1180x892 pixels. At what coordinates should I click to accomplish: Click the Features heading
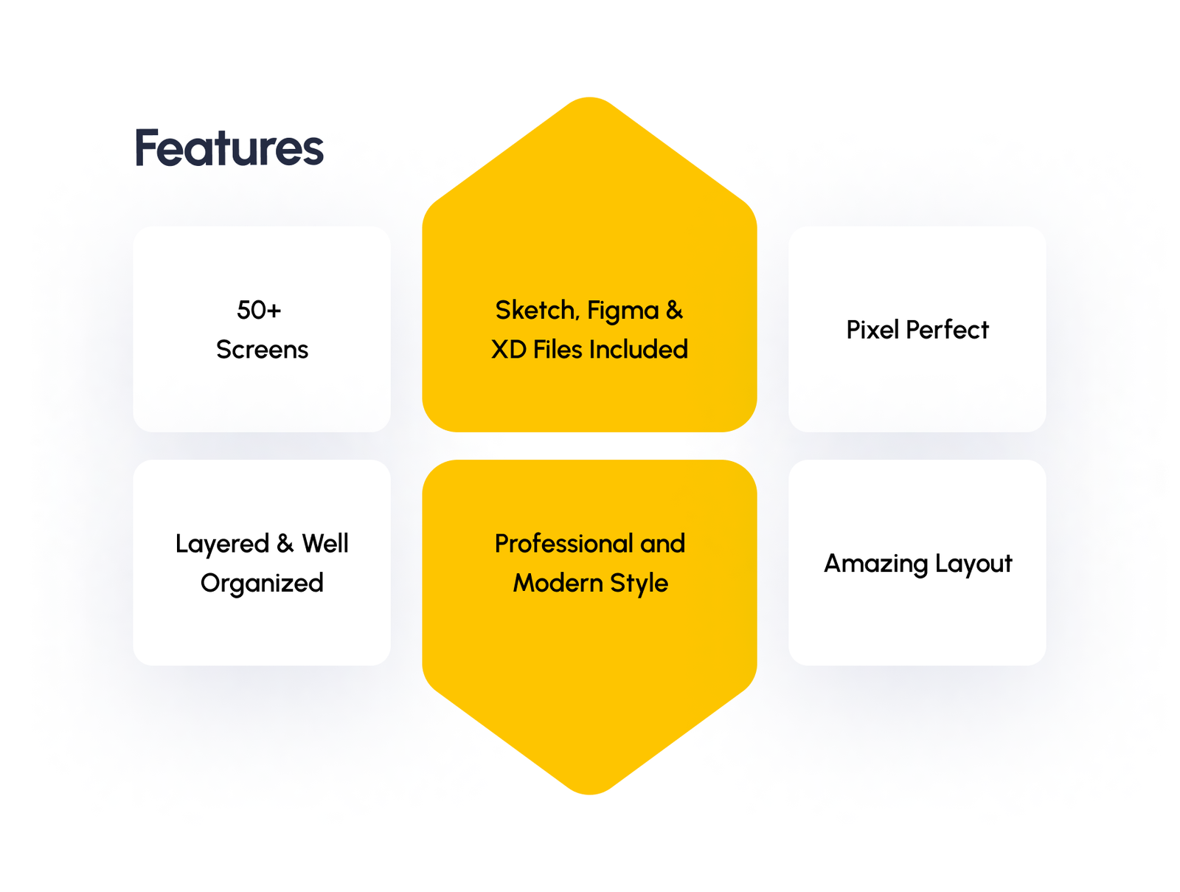pyautogui.click(x=229, y=148)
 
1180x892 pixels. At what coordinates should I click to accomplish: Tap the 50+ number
pyautogui.click(x=259, y=310)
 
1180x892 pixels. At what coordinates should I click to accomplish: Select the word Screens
pyautogui.click(x=262, y=350)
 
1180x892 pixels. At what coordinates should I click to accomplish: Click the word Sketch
pyautogui.click(x=535, y=310)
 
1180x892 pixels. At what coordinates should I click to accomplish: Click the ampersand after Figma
pyautogui.click(x=674, y=310)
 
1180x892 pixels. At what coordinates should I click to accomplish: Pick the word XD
pyautogui.click(x=509, y=350)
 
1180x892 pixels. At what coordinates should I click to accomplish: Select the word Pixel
pyautogui.click(x=872, y=330)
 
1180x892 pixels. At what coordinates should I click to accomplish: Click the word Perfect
pyautogui.click(x=947, y=330)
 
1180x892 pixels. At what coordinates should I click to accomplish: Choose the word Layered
pyautogui.click(x=222, y=544)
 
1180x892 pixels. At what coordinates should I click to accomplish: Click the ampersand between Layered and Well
pyautogui.click(x=285, y=544)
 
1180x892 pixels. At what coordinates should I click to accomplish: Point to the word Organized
pyautogui.click(x=262, y=584)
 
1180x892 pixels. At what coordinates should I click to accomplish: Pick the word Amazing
pyautogui.click(x=875, y=564)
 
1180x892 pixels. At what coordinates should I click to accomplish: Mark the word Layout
pyautogui.click(x=974, y=564)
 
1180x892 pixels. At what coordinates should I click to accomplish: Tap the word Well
pyautogui.click(x=325, y=544)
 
